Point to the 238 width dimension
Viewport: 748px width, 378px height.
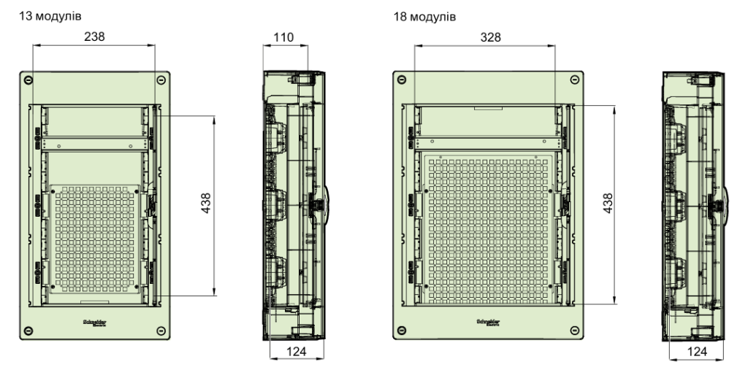click(93, 37)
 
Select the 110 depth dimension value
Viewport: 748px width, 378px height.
click(283, 37)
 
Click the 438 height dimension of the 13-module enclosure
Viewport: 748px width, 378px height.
click(206, 205)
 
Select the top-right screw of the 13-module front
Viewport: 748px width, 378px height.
click(160, 79)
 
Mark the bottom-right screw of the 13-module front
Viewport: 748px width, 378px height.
click(160, 330)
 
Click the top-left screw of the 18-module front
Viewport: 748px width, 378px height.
click(400, 79)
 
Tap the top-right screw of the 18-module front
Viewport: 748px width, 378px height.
click(573, 79)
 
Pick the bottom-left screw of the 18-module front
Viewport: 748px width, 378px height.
click(400, 330)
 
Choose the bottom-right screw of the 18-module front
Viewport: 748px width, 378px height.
click(573, 330)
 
